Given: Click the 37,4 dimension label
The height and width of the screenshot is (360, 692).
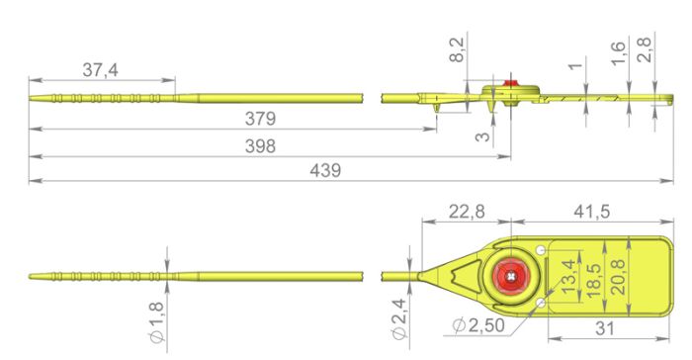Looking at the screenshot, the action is [x=100, y=70].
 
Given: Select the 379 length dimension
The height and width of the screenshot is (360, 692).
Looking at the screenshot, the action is [x=260, y=119].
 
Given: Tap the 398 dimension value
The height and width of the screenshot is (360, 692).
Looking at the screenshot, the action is [x=260, y=146].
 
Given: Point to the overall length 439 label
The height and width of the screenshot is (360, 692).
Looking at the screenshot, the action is [x=325, y=170].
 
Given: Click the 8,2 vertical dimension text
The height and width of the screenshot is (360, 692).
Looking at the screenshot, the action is [x=457, y=49].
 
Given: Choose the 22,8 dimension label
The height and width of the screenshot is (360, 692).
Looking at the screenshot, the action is [x=467, y=212].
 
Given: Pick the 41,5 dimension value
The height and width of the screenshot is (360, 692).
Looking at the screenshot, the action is [x=592, y=212].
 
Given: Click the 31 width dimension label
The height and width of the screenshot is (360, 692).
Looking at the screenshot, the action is [x=605, y=328].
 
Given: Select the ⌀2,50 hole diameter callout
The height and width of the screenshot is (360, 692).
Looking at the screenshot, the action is [x=478, y=325].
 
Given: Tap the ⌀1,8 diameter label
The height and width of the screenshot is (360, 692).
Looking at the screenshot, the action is [x=157, y=322].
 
